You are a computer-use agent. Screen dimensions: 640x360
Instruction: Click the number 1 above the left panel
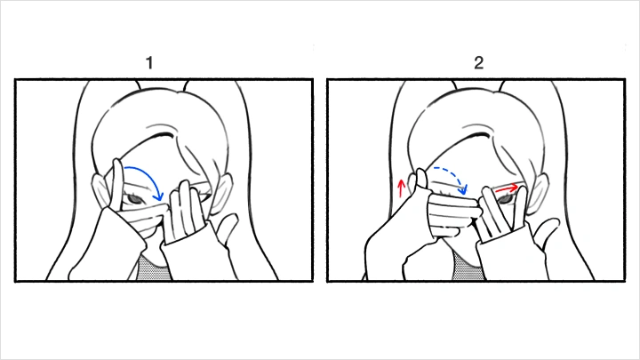coord(149,63)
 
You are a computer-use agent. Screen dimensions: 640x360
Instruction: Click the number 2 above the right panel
coord(479,62)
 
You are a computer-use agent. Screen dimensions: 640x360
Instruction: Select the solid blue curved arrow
coord(149,174)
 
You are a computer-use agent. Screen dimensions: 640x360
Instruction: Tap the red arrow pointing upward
coord(402,188)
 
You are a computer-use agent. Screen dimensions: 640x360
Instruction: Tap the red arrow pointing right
coord(507,188)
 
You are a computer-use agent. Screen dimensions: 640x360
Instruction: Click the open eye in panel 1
coord(134,199)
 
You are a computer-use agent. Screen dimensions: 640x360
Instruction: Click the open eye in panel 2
coord(505,199)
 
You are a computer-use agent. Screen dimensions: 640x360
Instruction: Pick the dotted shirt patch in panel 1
coord(153,268)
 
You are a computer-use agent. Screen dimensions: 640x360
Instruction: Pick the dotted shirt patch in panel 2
coord(468,265)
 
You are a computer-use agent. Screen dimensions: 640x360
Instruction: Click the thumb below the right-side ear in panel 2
coord(546,229)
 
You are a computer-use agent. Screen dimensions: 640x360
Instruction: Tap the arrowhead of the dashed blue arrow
coord(464,189)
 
